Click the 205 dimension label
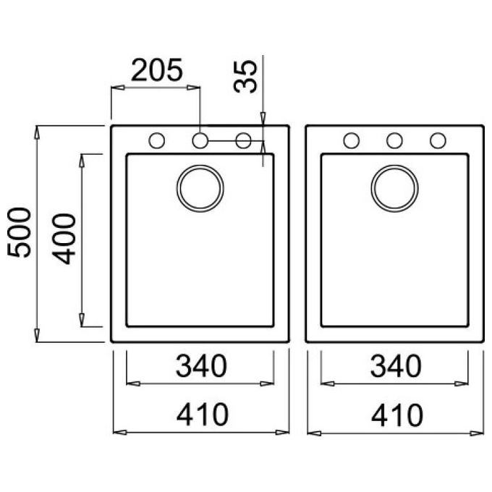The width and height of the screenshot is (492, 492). (156, 69)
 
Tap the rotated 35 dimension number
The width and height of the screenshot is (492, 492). (245, 76)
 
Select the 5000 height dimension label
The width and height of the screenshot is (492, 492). (19, 232)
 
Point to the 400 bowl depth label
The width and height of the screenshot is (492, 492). (64, 239)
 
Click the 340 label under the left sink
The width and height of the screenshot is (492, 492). (201, 366)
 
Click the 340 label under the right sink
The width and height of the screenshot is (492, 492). (396, 366)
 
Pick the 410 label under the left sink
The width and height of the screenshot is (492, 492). (203, 415)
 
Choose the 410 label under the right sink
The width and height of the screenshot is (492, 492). (397, 415)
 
